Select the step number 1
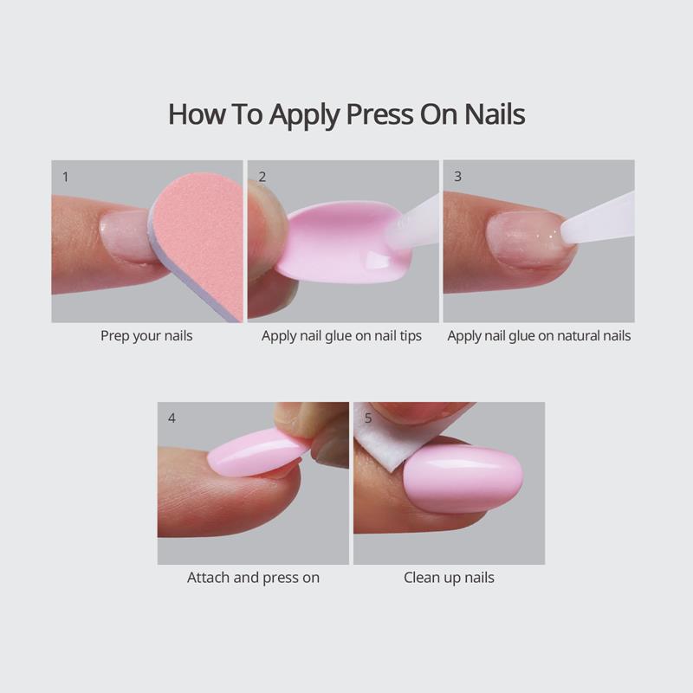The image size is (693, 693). (x=66, y=176)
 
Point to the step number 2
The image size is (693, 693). (x=262, y=176)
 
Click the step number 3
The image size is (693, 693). (x=457, y=176)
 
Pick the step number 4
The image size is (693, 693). (x=172, y=418)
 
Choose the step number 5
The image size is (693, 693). (x=368, y=418)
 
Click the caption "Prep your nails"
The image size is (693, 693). (x=146, y=335)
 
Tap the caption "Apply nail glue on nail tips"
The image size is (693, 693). (x=341, y=335)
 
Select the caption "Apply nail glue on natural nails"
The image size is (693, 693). (x=539, y=335)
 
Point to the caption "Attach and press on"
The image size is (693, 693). (x=253, y=577)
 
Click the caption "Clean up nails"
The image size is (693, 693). (x=449, y=577)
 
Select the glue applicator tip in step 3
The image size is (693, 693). (x=598, y=220)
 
